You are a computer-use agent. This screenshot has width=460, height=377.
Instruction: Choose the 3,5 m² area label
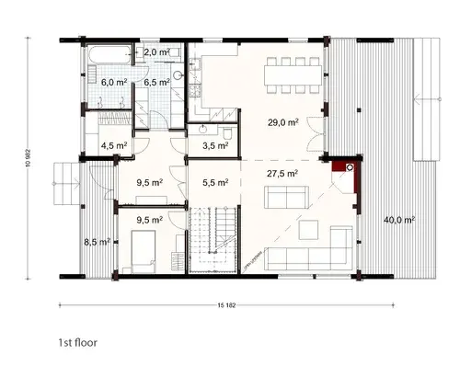click(214, 145)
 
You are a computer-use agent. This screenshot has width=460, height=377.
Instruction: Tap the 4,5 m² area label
click(114, 145)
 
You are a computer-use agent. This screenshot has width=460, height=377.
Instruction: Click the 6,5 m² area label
click(156, 82)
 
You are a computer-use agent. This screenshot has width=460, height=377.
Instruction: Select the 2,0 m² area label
click(156, 52)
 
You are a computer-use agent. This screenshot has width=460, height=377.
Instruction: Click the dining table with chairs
click(293, 70)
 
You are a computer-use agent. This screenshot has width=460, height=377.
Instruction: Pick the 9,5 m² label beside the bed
click(149, 220)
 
